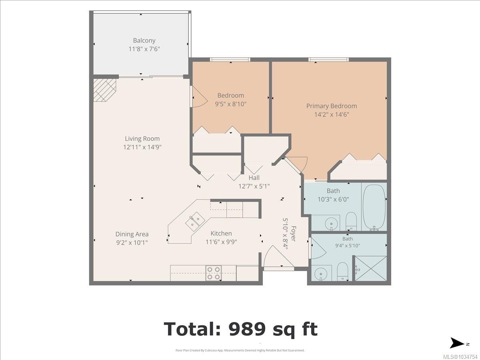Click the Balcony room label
[x=144, y=40]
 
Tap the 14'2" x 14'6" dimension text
[x=332, y=114]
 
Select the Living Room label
[x=142, y=138]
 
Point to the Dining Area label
[x=132, y=234]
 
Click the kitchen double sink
[x=195, y=222]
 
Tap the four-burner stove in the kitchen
[x=214, y=273]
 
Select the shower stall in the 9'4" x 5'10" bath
[x=370, y=268]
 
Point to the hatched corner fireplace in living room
[x=104, y=90]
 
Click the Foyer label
[x=293, y=234]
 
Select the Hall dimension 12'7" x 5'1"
[x=254, y=186]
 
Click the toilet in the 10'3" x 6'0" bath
[x=351, y=221]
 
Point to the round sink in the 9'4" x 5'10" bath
[x=320, y=274]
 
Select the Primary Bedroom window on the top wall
[x=329, y=60]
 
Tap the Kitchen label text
[x=221, y=234]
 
